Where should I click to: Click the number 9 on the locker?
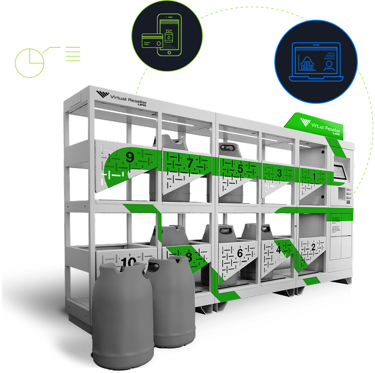click(x=129, y=157)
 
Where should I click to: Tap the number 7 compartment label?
click(x=189, y=162)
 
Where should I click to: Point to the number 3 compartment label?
click(x=279, y=173)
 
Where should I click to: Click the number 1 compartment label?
click(x=315, y=175)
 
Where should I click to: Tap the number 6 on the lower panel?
click(x=240, y=253)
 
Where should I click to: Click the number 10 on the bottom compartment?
click(x=128, y=262)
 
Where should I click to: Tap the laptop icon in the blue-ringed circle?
click(x=316, y=62)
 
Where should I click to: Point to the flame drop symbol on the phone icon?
click(x=169, y=36)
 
